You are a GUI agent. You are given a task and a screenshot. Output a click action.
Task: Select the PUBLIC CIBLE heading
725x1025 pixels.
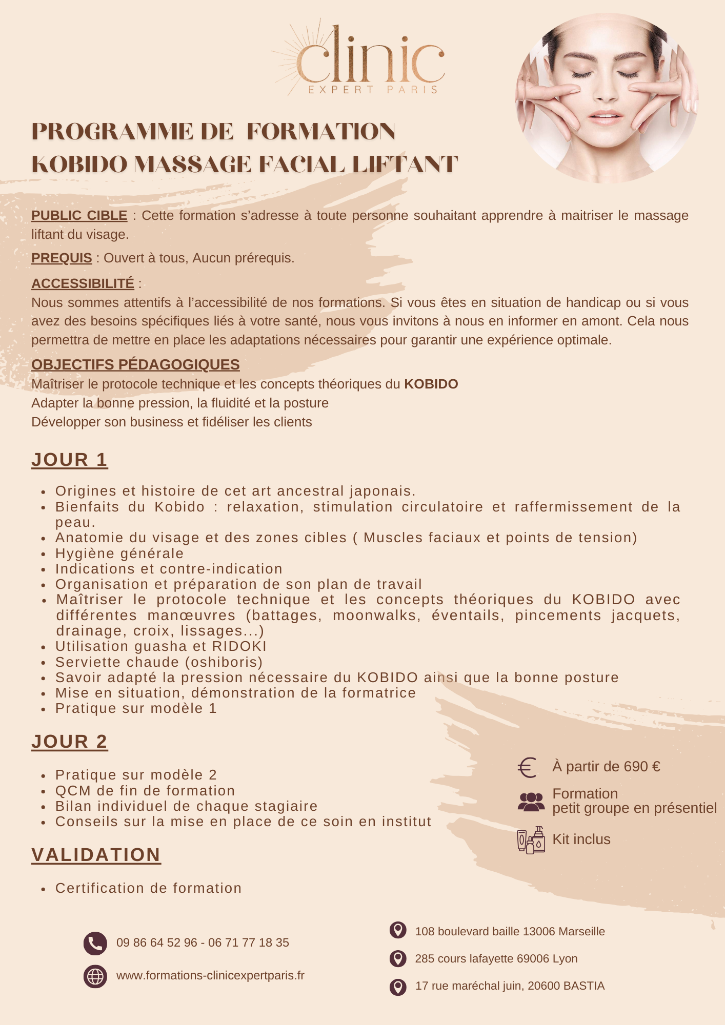(79, 215)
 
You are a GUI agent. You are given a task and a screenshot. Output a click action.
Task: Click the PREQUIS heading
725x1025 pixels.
(62, 258)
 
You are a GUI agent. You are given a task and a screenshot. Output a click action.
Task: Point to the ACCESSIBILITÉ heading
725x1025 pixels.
(83, 283)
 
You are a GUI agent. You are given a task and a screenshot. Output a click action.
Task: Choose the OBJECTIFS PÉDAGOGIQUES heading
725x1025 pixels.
(135, 364)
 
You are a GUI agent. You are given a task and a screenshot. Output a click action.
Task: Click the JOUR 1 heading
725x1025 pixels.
(70, 460)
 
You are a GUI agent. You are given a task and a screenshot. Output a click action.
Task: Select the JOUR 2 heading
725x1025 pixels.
(70, 742)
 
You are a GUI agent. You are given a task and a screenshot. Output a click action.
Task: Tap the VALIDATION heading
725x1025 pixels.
(96, 855)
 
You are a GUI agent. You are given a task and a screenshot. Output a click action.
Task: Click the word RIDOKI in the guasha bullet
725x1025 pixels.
(239, 646)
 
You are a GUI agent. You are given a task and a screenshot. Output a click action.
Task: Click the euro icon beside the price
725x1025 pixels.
(527, 767)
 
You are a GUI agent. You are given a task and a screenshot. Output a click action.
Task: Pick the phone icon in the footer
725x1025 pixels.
(95, 943)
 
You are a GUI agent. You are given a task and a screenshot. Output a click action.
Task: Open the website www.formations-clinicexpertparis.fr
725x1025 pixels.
(210, 975)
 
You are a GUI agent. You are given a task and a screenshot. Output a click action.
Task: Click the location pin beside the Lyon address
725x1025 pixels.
(398, 958)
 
